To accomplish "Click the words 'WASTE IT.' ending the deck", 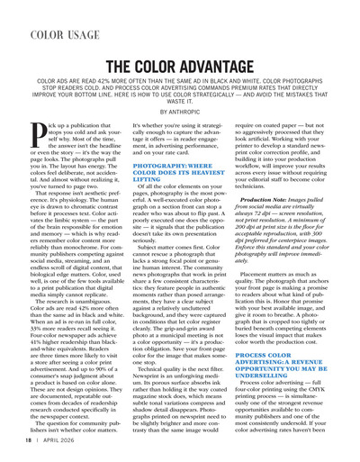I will pyautogui.click(x=180, y=101).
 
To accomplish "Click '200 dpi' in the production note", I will pyautogui.click(x=271, y=231).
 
